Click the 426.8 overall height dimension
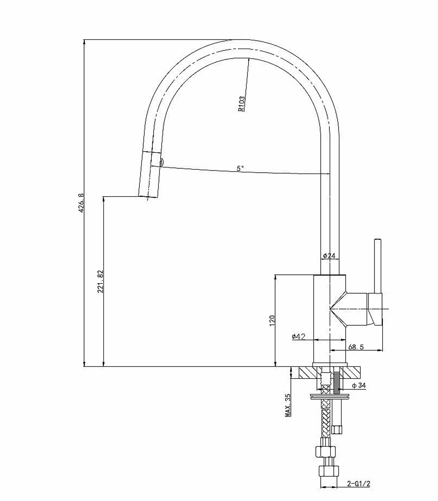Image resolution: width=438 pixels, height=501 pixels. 81,203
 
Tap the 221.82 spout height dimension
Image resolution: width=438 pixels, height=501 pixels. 100,281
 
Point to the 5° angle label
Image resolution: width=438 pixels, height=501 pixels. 240,168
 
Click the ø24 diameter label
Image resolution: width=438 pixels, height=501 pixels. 329,256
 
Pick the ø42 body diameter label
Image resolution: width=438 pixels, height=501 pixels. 298,337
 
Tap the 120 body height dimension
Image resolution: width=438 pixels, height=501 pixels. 272,320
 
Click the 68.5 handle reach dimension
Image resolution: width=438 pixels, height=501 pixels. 356,347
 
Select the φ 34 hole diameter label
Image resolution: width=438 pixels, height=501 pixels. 359,386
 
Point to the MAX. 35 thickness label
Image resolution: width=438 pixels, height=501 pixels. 288,405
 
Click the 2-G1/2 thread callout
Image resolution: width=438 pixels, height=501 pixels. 359,484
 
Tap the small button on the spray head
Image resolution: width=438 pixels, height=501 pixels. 162,163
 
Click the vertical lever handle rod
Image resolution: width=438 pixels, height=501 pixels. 378,266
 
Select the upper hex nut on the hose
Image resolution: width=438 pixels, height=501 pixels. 325,451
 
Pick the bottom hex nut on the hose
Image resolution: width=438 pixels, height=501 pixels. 328,471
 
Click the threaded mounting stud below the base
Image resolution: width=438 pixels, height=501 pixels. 336,380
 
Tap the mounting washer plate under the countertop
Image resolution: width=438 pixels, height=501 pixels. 330,397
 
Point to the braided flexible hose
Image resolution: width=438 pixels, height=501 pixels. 325,419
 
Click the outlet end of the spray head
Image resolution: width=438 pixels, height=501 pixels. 148,197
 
